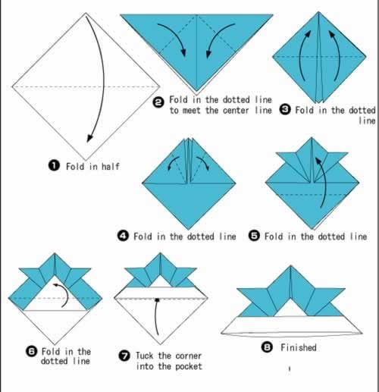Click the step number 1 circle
coord(54,166)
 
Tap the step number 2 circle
coord(158,102)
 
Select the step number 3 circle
coord(285,110)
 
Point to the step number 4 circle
coord(123,236)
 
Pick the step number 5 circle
coord(254,236)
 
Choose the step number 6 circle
coord(32,351)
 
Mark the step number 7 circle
coord(124,356)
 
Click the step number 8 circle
coord(267,347)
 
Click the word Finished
coord(299,347)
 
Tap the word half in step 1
coord(110,166)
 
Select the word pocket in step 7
coord(189,366)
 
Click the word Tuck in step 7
coord(145,356)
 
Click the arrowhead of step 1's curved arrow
coord(89,139)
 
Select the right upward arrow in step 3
coord(336,55)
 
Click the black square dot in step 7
coord(157,300)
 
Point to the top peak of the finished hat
coord(290,266)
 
